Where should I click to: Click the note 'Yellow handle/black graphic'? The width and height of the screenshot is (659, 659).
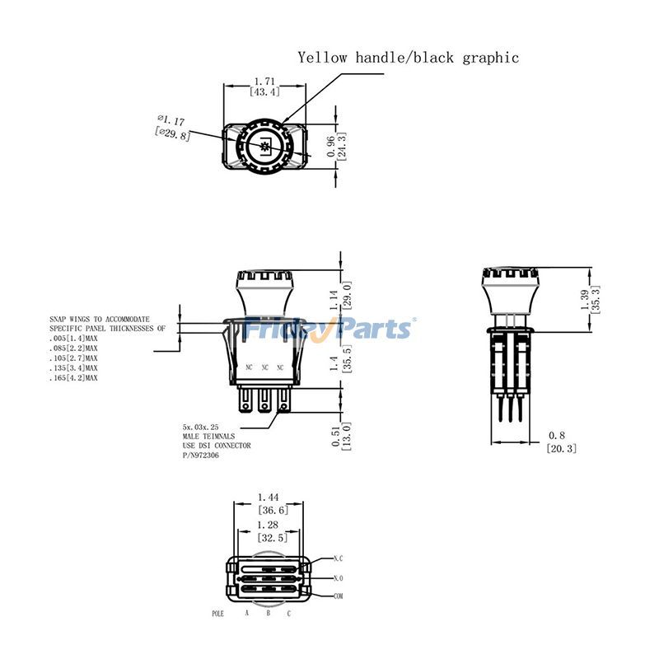tap(409, 58)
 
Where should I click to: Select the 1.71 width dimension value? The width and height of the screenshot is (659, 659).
tap(264, 82)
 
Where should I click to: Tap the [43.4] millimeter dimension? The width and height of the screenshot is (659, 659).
tap(264, 92)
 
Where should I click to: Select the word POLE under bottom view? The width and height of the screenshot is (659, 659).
tap(218, 615)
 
